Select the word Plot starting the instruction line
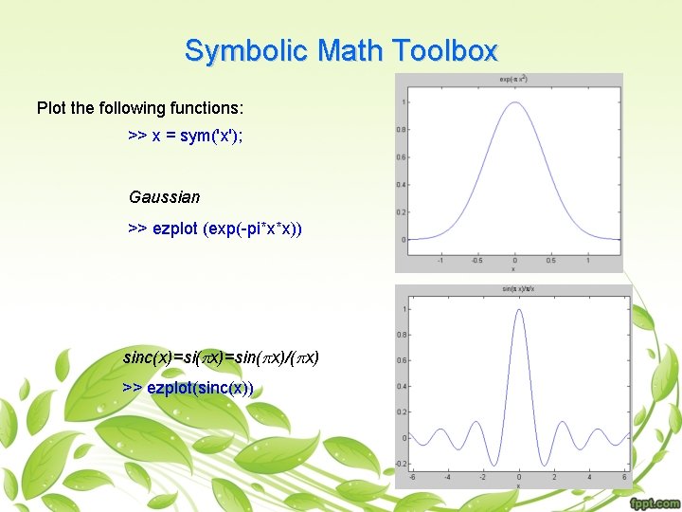[x=52, y=108]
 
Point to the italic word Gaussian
[x=165, y=197]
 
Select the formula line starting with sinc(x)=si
[x=221, y=358]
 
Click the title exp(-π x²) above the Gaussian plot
[x=514, y=80]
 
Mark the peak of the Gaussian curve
[x=514, y=102]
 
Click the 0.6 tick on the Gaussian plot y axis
[x=402, y=157]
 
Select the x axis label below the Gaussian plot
[x=514, y=268]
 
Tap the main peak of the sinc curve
[x=518, y=310]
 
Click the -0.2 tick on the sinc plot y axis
[x=402, y=464]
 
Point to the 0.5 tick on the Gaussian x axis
[x=551, y=260]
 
